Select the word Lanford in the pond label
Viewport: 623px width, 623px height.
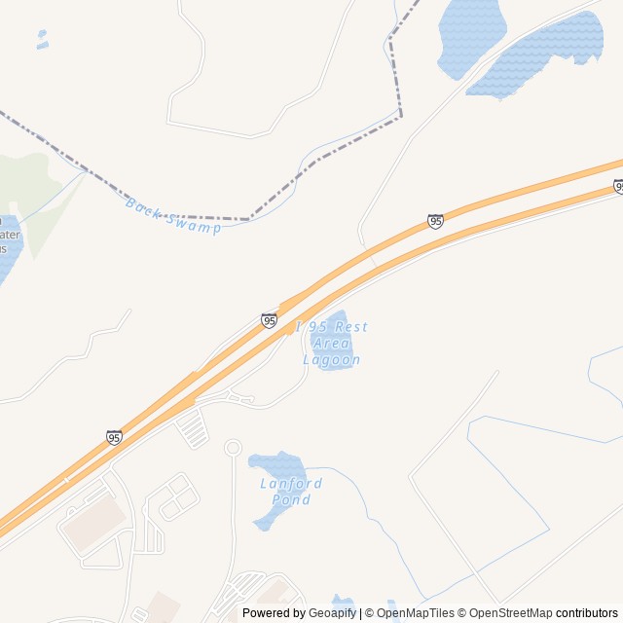pos(291,484)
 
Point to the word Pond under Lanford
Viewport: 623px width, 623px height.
pos(292,499)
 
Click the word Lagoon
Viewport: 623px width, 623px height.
pos(332,360)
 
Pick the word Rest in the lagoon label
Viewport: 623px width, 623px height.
pos(350,327)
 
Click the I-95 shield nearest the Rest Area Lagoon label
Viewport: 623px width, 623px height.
pos(270,320)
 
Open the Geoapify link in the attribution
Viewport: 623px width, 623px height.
pos(334,613)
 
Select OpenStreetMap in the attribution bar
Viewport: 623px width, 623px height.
pos(510,613)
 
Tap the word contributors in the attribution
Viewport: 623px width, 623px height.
pos(587,613)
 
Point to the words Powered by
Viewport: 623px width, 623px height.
pos(274,613)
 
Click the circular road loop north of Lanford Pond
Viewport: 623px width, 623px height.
pos(233,448)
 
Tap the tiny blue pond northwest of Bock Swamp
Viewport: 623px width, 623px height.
pos(42,39)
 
